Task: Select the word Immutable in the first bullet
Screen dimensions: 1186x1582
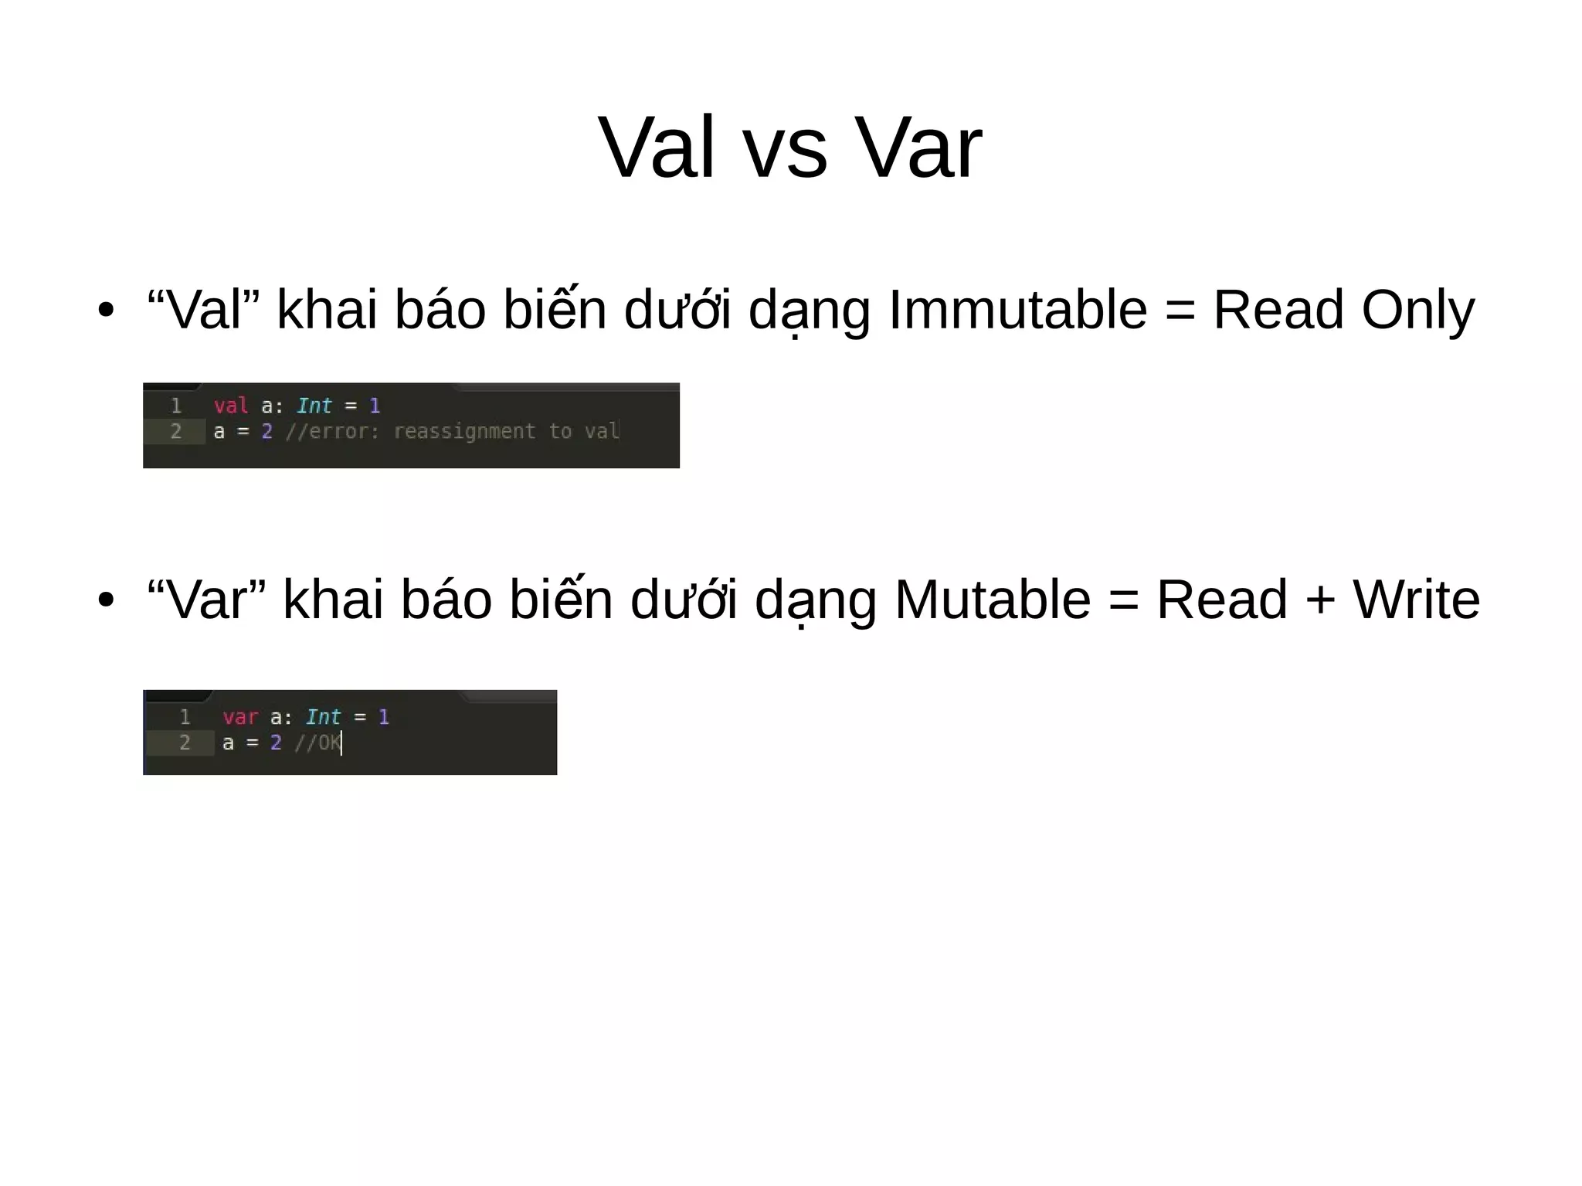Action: pos(1018,310)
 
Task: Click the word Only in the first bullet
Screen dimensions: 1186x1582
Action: pos(1417,310)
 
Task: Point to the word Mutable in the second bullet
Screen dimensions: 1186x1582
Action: pos(993,600)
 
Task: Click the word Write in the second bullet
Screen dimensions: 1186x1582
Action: pos(1416,600)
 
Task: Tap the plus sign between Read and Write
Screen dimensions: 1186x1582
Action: pos(1320,601)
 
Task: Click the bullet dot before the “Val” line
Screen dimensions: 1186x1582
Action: pos(106,311)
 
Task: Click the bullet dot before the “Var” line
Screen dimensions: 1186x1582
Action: pos(106,600)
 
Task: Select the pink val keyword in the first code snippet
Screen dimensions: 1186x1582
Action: pos(231,406)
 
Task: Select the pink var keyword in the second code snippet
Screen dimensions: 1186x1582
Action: pos(240,717)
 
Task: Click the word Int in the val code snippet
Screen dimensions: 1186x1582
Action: pos(314,406)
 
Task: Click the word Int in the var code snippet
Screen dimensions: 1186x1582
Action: pos(323,717)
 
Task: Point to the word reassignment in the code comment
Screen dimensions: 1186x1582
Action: pos(464,431)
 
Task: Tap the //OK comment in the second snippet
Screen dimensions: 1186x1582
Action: pos(317,743)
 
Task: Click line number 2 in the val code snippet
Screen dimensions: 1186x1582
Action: pos(176,431)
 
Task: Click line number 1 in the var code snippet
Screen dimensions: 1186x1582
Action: pos(185,717)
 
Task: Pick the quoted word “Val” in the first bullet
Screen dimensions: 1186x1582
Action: pos(203,310)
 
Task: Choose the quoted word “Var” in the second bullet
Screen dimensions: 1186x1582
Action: pos(206,600)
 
